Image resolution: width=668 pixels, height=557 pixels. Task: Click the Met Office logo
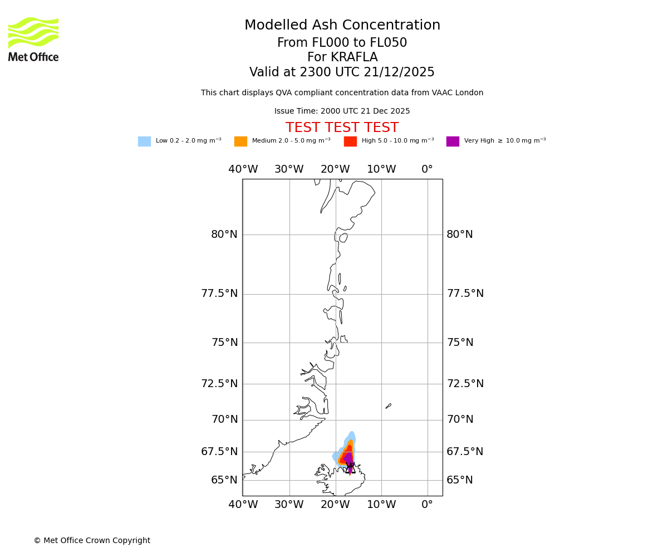(x=33, y=39)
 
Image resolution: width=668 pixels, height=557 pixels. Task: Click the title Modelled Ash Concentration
(x=342, y=26)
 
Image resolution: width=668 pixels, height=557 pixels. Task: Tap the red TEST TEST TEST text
(x=342, y=128)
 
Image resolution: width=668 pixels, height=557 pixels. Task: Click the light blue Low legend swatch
(x=144, y=141)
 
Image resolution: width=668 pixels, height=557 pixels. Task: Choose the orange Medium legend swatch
(x=240, y=141)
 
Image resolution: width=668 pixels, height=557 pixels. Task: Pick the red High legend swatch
(x=350, y=141)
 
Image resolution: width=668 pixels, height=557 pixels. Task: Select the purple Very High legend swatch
(x=453, y=141)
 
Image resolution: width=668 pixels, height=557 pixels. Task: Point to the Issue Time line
(x=342, y=111)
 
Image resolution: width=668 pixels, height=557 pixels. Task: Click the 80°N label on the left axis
(x=224, y=234)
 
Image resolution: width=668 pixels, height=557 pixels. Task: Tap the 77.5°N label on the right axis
(x=465, y=294)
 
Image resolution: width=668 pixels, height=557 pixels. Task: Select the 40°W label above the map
(x=243, y=169)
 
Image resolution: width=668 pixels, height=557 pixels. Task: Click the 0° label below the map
(x=427, y=505)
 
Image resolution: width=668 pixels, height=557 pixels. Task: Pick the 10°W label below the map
(x=381, y=505)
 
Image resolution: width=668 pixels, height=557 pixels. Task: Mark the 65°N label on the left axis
(x=224, y=480)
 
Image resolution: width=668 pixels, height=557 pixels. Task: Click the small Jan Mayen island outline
(x=388, y=406)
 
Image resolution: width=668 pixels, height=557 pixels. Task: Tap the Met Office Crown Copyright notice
(x=92, y=540)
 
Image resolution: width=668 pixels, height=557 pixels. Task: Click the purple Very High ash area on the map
(x=348, y=459)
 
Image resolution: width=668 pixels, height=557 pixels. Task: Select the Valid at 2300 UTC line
(x=342, y=72)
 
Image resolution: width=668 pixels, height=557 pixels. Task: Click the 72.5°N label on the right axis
(x=465, y=384)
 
